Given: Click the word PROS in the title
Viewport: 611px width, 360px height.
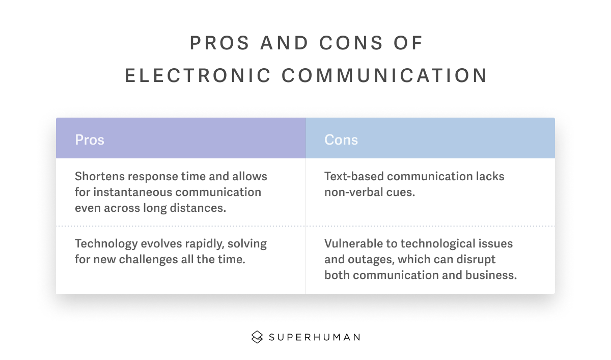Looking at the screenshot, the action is (219, 43).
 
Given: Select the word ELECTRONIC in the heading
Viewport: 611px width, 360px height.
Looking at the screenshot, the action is (198, 75).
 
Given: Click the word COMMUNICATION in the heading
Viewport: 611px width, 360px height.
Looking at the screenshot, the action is (384, 75).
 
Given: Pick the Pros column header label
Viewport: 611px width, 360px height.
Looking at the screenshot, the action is (90, 140).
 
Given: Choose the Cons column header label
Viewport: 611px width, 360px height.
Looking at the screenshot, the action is (341, 140).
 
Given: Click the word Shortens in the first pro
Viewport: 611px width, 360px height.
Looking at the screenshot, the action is (100, 176).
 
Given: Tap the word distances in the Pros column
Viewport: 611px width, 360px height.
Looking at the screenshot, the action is (198, 208).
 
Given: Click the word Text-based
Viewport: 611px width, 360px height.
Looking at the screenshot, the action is (354, 176).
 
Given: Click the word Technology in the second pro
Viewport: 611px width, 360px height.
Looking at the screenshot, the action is (106, 244).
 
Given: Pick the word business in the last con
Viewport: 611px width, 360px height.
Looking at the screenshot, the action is (491, 275).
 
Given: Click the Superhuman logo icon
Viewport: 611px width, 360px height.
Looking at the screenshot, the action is (257, 337).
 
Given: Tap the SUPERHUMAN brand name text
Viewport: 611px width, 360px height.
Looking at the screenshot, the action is (315, 338).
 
